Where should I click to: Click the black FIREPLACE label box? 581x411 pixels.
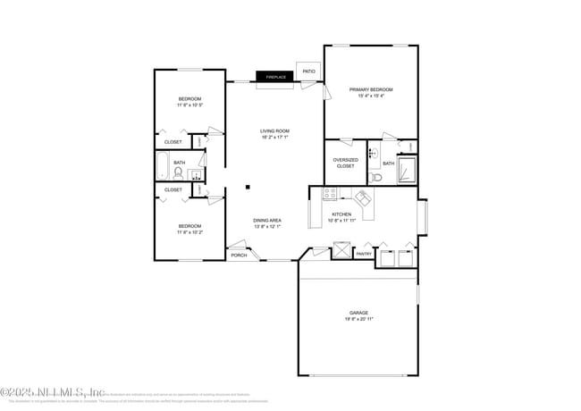coord(274,78)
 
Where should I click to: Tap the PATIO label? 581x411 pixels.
coord(308,71)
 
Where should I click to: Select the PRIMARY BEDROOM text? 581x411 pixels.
coord(371,89)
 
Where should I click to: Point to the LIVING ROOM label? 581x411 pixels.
coord(274,131)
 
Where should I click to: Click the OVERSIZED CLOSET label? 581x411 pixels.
coord(345,163)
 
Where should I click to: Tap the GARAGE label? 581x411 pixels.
coord(358,313)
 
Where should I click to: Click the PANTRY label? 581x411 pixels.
coord(364,254)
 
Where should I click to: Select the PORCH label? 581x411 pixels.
coord(239,256)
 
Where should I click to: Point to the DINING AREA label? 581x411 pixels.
coord(267,221)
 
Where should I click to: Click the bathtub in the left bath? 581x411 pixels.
coord(163,165)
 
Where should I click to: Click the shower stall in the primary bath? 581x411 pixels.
coord(406,169)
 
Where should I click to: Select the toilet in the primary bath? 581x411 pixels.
coord(375,178)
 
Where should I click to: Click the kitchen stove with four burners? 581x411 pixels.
coord(330,193)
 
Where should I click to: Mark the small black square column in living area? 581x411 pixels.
coord(248,188)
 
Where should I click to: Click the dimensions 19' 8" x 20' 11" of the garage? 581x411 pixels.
coord(358,319)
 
